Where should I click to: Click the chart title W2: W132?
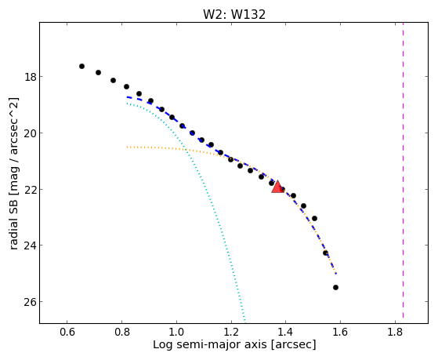coord(234,14)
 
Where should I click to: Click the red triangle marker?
coord(277,187)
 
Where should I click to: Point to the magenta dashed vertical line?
coord(403,170)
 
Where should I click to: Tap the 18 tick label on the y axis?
coord(30,77)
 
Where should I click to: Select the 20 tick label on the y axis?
coord(30,133)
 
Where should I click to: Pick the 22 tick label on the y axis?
coord(30,189)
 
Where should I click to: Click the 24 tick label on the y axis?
coord(30,245)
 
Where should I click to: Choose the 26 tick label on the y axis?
coord(30,301)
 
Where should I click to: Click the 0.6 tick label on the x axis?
coord(67,332)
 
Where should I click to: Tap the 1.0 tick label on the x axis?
coord(176,332)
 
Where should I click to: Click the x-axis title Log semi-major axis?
coord(210,344)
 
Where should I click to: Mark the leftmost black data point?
coord(81,67)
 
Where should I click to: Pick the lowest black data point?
coord(336,288)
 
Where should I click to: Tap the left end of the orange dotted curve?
coord(127,147)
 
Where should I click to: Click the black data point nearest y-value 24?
coord(325,253)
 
